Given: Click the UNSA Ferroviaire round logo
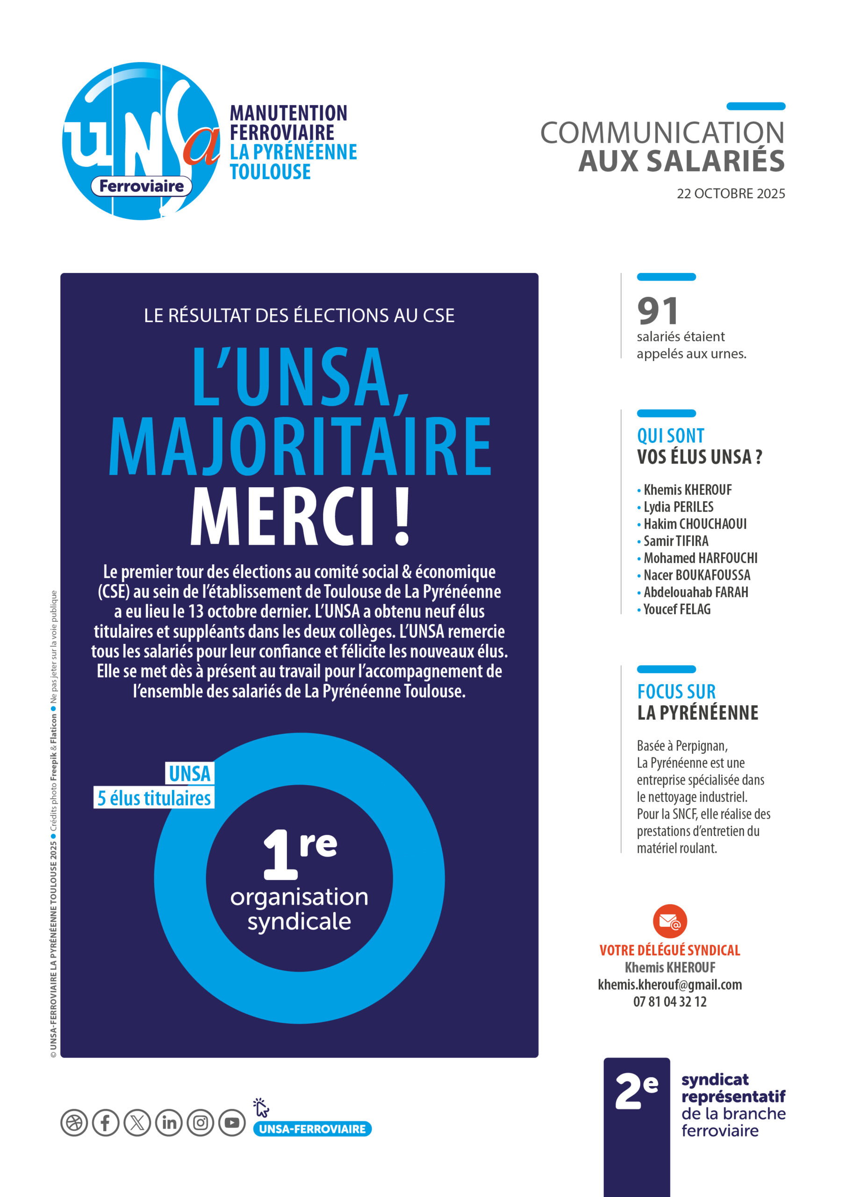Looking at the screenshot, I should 141,141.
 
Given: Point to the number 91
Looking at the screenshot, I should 658,311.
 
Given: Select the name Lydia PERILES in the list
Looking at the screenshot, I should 678,507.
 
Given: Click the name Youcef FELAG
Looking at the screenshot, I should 677,609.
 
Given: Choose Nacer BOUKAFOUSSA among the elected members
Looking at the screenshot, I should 696,575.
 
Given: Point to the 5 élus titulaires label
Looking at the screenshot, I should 154,798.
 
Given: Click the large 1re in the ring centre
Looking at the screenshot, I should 300,854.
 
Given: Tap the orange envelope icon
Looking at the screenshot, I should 670,921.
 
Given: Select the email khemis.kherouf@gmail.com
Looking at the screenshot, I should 670,984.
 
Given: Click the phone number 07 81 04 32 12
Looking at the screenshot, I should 670,1002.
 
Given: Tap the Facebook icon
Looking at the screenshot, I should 105,1123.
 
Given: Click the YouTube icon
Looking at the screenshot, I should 232,1123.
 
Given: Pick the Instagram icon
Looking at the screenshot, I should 201,1123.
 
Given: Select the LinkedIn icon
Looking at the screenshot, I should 169,1123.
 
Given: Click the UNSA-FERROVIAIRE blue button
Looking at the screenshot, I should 312,1129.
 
